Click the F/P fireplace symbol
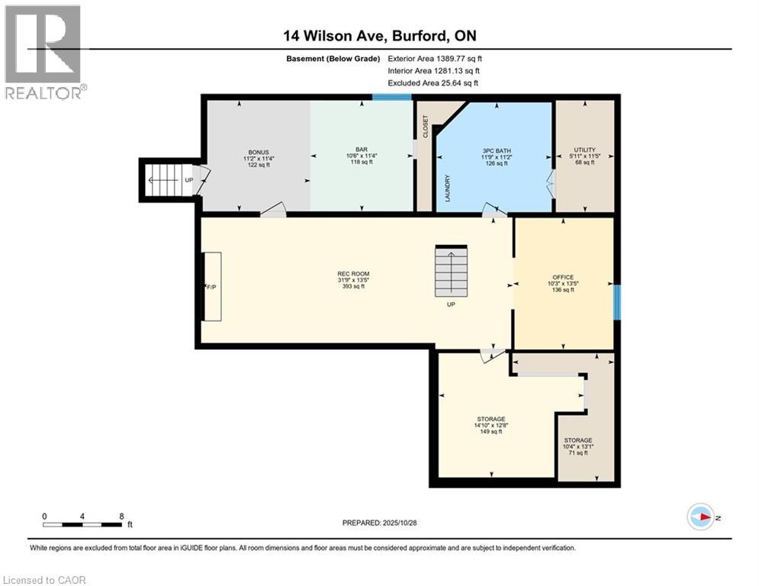pyautogui.click(x=211, y=287)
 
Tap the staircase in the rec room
pyautogui.click(x=450, y=271)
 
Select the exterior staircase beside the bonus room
pyautogui.click(x=166, y=181)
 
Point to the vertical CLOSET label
pyautogui.click(x=426, y=127)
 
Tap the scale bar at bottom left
pyautogui.click(x=82, y=524)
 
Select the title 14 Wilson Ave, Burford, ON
pyautogui.click(x=379, y=36)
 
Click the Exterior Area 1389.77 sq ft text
pyautogui.click(x=435, y=58)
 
